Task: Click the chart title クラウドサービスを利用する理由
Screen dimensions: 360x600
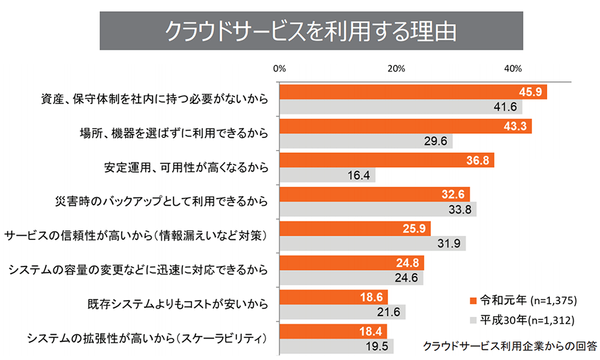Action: click(310, 29)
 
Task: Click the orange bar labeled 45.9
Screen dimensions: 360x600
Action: click(413, 92)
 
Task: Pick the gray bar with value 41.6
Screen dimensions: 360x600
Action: click(401, 107)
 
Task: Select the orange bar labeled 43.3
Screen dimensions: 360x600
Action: click(406, 127)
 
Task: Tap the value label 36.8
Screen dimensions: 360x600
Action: click(478, 161)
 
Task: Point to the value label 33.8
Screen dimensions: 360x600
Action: click(463, 211)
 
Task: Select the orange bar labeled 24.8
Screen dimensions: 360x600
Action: click(352, 263)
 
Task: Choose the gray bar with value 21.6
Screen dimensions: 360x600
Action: click(342, 312)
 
